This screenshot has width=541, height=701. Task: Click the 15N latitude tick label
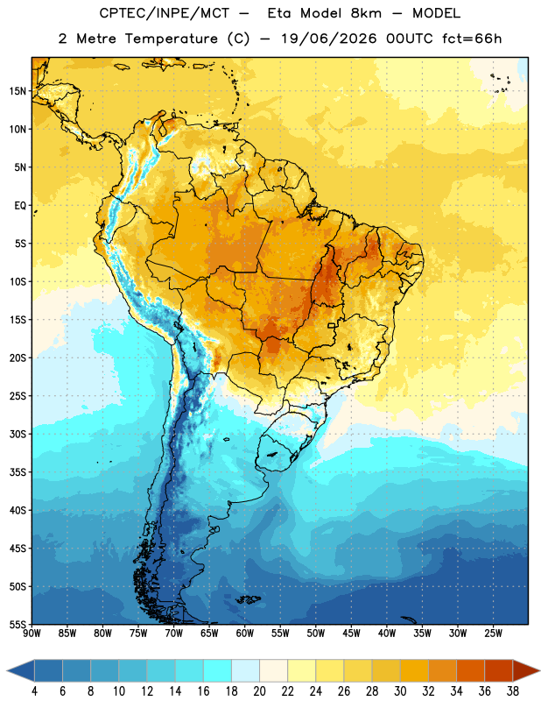coord(18,91)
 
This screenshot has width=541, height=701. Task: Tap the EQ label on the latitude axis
coord(20,206)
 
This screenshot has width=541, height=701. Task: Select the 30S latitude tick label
coord(18,434)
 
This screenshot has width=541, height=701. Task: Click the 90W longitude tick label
coord(32,634)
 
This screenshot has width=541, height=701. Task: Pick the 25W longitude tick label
coord(493,634)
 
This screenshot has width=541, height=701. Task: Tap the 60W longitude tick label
coord(245,634)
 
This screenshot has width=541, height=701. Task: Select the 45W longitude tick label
coord(351,634)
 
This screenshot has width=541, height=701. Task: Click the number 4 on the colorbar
coord(34,691)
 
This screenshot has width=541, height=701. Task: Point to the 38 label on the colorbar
coord(513,691)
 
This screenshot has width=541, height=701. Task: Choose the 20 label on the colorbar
coord(259,691)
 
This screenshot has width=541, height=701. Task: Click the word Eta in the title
coord(278,13)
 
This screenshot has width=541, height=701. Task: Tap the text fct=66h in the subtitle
coord(472,39)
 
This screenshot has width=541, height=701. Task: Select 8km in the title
coord(366,13)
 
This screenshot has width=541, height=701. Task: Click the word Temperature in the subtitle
coord(171,39)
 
